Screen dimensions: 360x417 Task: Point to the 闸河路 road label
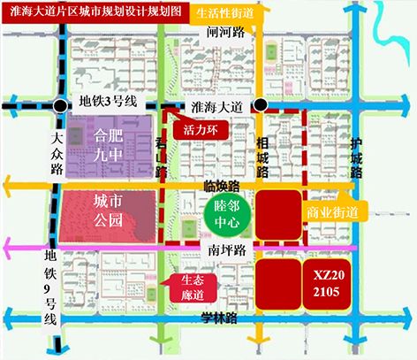pos(224,32)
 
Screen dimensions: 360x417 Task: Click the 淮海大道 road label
pos(216,105)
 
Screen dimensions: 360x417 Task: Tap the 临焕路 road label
pos(222,186)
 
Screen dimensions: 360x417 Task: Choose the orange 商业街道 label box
pos(332,213)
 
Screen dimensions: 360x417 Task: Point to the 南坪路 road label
pos(226,250)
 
